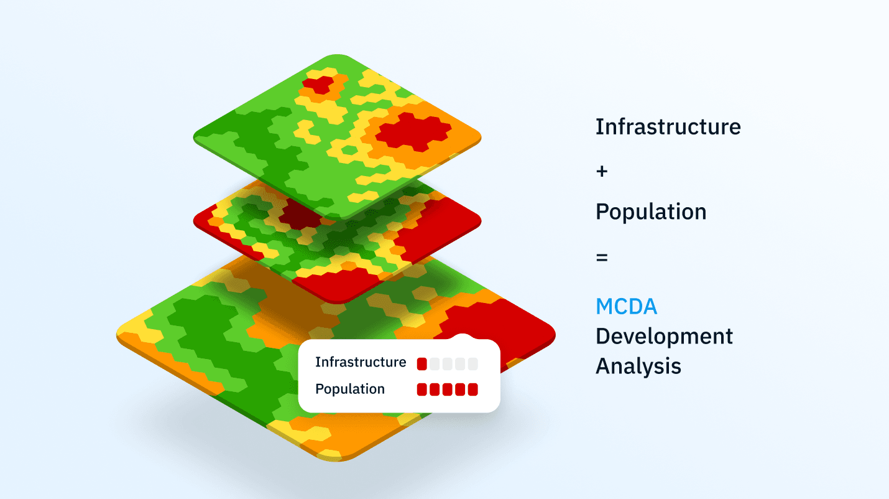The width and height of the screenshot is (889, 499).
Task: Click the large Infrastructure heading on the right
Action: point(668,127)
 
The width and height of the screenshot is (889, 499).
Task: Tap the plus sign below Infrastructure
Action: point(602,171)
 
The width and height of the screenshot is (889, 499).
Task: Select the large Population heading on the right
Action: point(651,212)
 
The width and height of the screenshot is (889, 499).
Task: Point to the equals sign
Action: point(602,258)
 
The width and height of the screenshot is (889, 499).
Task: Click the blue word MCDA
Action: point(626,307)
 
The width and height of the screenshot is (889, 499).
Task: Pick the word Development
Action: point(664,337)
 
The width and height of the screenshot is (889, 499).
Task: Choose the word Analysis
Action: point(638,366)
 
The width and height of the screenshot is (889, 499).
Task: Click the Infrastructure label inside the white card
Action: point(361,362)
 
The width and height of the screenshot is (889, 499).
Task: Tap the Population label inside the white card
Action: point(349,389)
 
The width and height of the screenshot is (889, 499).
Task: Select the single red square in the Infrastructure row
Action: point(422,364)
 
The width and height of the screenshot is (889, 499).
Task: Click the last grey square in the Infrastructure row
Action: point(472,364)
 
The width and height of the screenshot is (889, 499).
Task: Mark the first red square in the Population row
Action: point(422,389)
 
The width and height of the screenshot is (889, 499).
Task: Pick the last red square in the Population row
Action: point(472,389)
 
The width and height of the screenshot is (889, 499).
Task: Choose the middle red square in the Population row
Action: point(447,389)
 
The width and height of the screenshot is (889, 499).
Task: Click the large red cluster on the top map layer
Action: point(413,132)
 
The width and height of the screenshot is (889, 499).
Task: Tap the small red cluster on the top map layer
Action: point(318,84)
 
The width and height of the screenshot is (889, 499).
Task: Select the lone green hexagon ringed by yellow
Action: point(349,150)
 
